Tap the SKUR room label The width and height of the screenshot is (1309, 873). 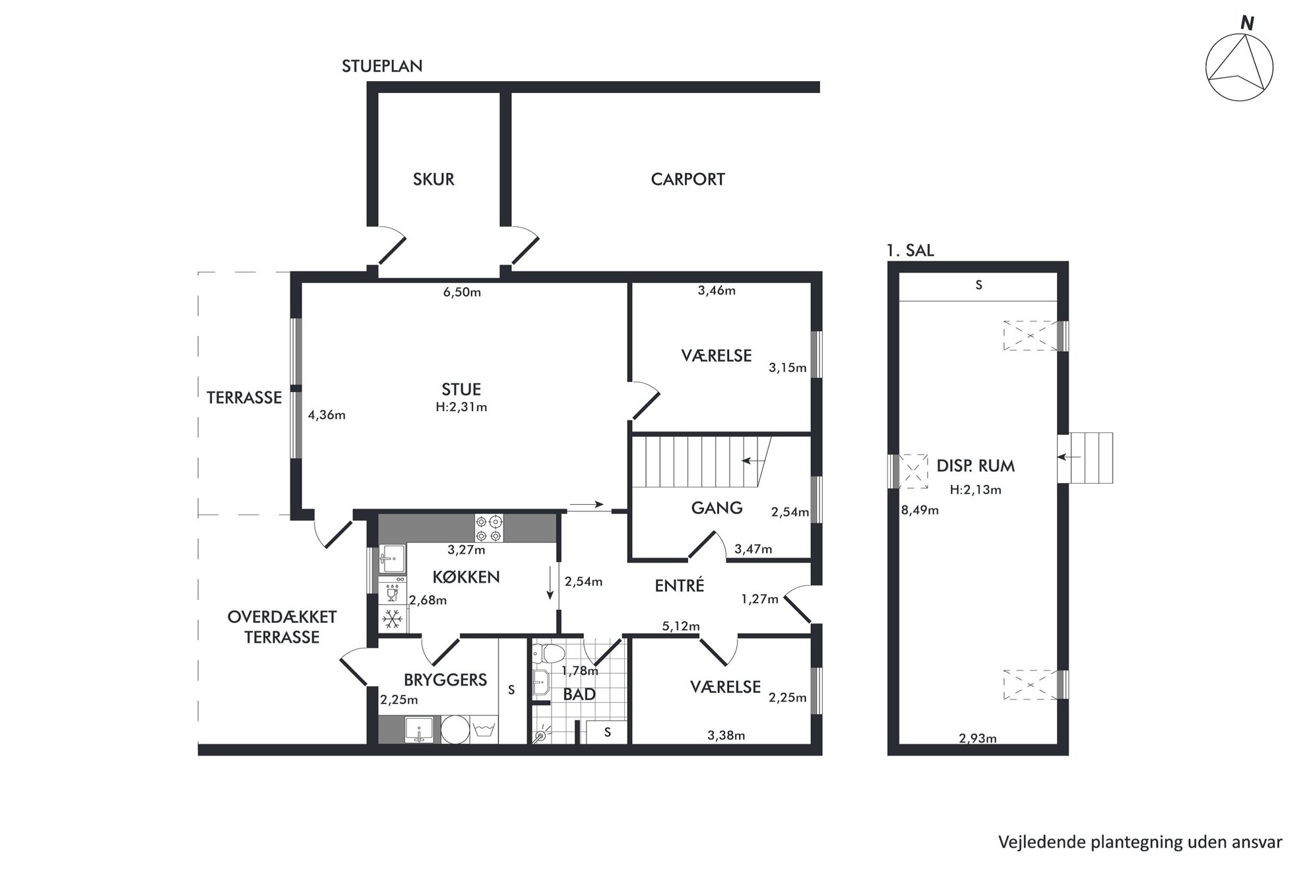433,179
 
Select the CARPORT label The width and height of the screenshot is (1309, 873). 687,179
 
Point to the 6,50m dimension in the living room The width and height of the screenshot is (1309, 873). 462,292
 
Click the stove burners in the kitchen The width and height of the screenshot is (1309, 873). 489,528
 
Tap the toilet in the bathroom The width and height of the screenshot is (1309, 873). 548,653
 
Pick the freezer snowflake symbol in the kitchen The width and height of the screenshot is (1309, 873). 393,619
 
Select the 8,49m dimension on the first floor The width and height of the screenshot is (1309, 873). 920,510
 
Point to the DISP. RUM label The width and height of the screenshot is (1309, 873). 975,466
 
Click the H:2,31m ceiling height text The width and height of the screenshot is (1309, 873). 461,407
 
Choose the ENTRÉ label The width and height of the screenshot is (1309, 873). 680,585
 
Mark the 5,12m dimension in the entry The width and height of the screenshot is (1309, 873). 681,626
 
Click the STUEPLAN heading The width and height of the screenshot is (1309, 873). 382,66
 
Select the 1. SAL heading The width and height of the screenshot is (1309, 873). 910,251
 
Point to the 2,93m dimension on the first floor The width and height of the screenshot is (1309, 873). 978,738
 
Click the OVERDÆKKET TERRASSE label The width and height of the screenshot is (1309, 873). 282,628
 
